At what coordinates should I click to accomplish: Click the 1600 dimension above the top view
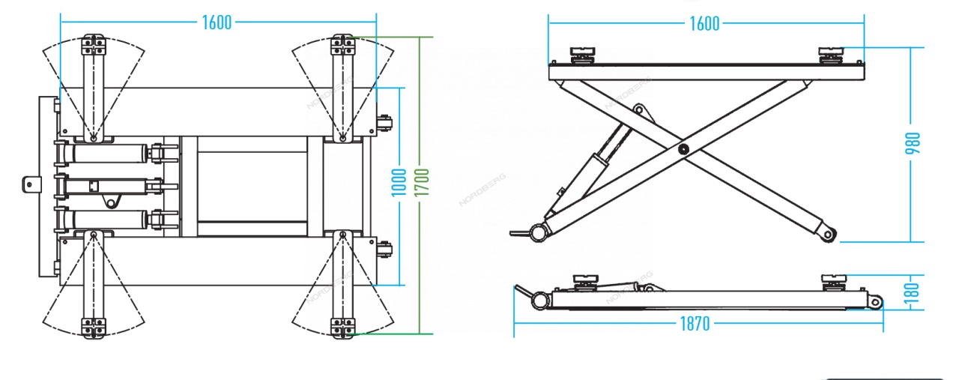(x=217, y=22)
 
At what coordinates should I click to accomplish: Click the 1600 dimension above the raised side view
(x=704, y=23)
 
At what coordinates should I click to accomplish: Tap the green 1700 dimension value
(x=422, y=182)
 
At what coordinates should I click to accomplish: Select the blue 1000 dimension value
(x=399, y=182)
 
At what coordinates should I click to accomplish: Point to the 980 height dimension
(x=913, y=143)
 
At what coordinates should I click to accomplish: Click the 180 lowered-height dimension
(x=913, y=293)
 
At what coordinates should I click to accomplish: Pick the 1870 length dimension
(x=695, y=324)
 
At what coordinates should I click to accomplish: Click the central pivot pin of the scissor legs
(x=683, y=149)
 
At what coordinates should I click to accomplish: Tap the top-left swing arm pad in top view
(x=94, y=45)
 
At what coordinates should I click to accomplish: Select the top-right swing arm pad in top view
(x=342, y=45)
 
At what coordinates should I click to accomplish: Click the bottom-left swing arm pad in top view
(x=94, y=328)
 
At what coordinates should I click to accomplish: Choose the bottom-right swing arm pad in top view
(x=342, y=328)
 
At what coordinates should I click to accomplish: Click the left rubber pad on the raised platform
(x=582, y=55)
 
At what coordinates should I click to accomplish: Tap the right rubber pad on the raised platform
(x=831, y=55)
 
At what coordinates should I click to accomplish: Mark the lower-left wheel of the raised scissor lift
(x=539, y=233)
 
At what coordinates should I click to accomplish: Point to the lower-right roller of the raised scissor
(x=829, y=235)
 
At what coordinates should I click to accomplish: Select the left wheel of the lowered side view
(x=540, y=301)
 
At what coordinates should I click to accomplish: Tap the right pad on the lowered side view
(x=833, y=283)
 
